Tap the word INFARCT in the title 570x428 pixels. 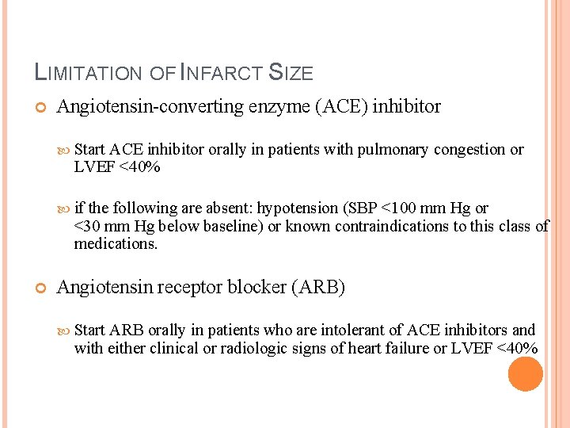224,74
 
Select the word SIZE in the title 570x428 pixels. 292,74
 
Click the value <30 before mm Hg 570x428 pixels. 86,227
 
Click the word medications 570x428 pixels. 116,244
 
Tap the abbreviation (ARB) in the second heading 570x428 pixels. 319,287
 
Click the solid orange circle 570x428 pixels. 525,374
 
